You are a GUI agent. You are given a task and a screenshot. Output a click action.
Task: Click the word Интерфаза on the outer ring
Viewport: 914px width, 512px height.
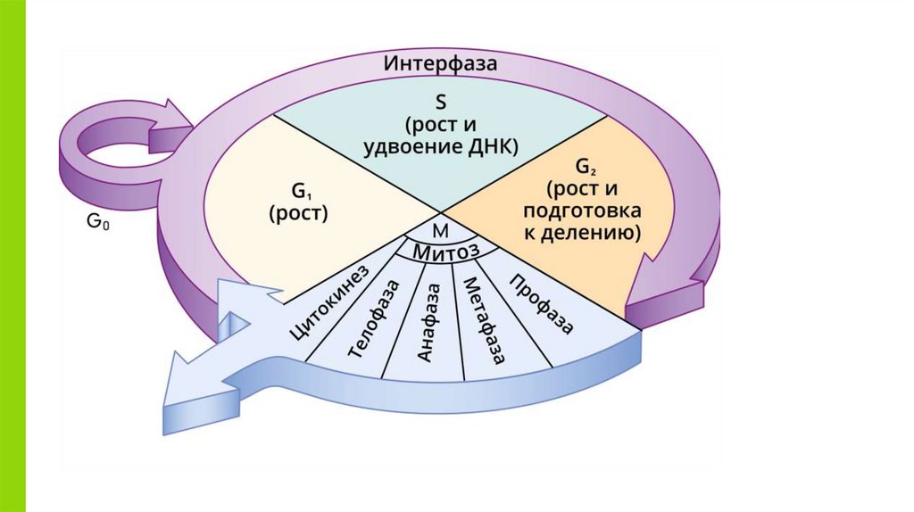click(x=441, y=64)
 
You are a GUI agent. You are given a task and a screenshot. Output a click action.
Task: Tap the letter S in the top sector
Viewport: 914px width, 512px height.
click(x=440, y=101)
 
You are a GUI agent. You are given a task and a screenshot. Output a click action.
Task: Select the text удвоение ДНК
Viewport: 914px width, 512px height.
click(x=440, y=146)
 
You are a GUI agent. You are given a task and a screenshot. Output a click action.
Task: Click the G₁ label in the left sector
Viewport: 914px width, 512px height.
click(x=299, y=191)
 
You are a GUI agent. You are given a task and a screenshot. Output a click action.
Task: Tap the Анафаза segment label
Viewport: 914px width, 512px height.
click(x=428, y=322)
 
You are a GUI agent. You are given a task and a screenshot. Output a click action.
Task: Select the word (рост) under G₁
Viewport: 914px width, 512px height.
click(x=299, y=213)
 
